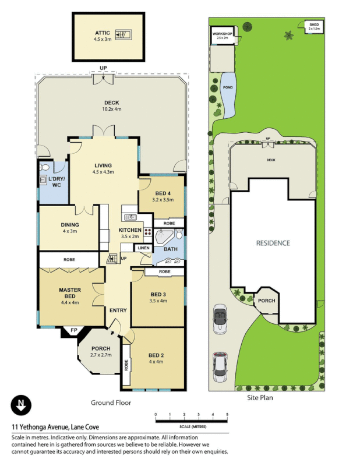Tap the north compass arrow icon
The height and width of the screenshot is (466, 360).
[x=22, y=405]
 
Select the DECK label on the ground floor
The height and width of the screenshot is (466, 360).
[x=111, y=103]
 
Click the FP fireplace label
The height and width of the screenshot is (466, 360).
[x=74, y=331]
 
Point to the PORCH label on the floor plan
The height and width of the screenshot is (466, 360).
[x=100, y=349]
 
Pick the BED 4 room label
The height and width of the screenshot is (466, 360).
[x=162, y=193]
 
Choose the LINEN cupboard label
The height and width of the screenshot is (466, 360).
[x=143, y=248]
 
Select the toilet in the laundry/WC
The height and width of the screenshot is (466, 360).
[x=44, y=167]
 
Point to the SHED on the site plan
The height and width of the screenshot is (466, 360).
[x=313, y=26]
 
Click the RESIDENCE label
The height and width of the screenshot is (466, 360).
[x=273, y=243]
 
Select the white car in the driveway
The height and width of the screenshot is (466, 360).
[x=220, y=366]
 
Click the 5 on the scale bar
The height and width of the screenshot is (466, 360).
[x=227, y=414]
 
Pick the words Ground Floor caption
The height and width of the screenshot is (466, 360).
[x=111, y=403]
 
